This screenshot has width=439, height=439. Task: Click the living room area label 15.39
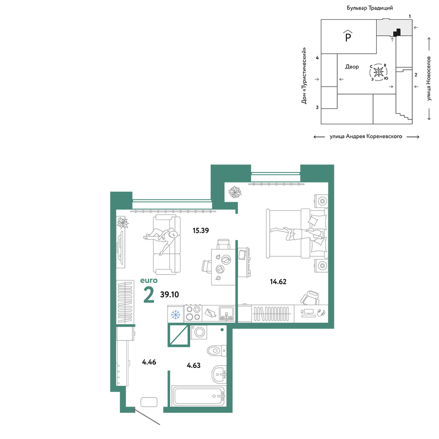point(201,230)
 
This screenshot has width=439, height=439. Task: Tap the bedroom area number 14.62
point(278,281)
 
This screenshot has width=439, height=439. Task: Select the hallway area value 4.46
point(149,362)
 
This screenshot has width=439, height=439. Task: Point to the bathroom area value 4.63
point(194,365)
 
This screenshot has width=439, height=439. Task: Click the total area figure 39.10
point(169,294)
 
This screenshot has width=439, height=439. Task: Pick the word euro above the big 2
point(149,280)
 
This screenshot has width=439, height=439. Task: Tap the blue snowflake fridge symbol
point(176,314)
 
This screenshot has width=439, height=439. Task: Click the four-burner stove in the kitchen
point(193,313)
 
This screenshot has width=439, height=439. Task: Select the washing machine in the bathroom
point(199,332)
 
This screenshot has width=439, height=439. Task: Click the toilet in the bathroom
point(217,350)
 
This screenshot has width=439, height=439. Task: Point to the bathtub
point(199,396)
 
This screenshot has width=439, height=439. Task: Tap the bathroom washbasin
point(219,374)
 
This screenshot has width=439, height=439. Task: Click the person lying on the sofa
point(161,237)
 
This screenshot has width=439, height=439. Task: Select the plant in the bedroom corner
point(234,192)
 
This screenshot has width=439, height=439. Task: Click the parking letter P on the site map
point(348,36)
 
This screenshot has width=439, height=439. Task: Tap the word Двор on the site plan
point(352,67)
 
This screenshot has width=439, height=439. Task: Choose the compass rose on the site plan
point(378,72)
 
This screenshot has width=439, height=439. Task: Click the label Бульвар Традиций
point(370,8)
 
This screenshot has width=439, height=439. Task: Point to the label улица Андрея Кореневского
point(366,137)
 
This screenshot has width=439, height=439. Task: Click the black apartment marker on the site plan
point(397,33)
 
